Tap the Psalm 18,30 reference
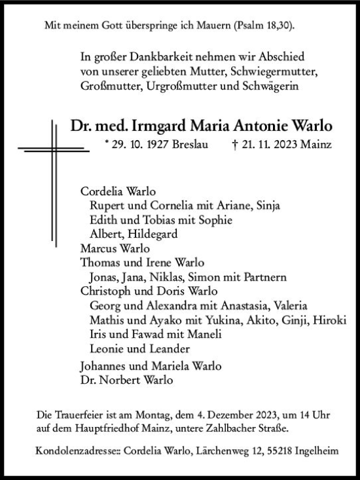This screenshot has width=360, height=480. (x=263, y=26)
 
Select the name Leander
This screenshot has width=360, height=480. (x=168, y=349)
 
